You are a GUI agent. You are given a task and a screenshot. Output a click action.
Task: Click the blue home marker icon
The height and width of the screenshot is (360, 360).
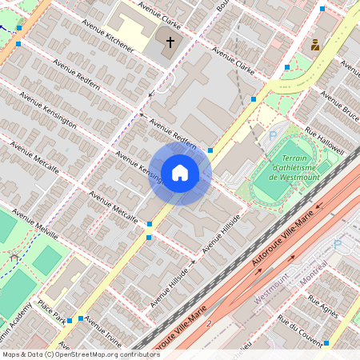[x=180, y=172]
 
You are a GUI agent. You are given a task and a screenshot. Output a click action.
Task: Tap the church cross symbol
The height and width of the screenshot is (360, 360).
[x=170, y=42]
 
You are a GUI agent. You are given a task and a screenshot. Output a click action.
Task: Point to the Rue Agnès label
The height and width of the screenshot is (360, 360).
[x=326, y=307]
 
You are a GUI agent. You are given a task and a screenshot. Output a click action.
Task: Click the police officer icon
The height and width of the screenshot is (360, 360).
[x=315, y=45]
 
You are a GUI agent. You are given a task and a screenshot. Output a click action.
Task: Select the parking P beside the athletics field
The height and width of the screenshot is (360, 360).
[x=273, y=137]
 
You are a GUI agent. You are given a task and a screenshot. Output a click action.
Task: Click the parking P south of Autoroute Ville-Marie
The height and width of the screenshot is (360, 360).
[x=337, y=243]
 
